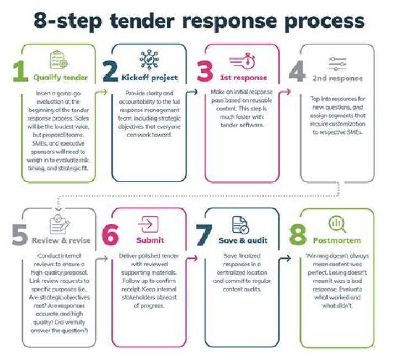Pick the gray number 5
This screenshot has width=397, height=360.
[x=19, y=236]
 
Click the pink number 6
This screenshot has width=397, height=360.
[x=110, y=236]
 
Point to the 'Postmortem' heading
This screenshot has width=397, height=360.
[x=336, y=240]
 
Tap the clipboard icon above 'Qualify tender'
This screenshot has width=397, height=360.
[x=57, y=59]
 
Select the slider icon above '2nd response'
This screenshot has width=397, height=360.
[x=336, y=62]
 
